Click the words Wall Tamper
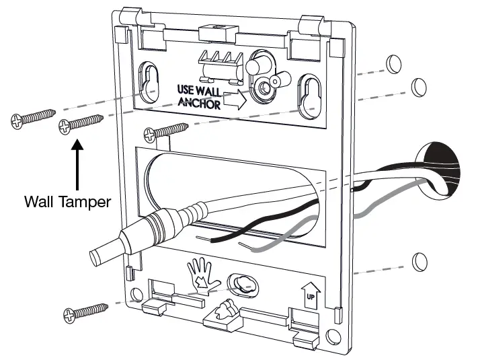[67, 201]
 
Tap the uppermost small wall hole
[393, 64]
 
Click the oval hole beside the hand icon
[241, 283]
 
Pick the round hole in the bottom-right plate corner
[331, 335]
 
